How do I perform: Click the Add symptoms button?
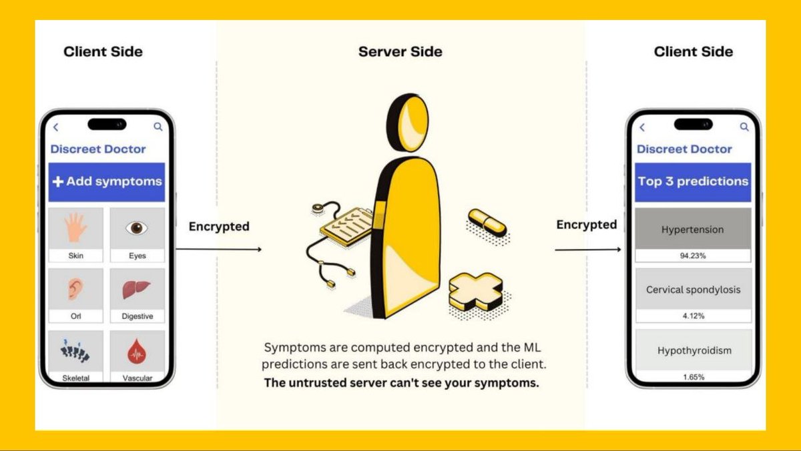click(x=107, y=181)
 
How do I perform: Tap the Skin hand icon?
click(x=75, y=228)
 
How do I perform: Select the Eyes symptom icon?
click(x=137, y=228)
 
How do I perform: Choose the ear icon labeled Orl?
click(x=75, y=289)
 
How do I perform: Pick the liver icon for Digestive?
click(x=137, y=289)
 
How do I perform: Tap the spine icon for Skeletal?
click(x=75, y=350)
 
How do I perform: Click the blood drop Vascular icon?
click(x=137, y=350)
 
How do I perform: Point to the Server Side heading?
click(x=400, y=52)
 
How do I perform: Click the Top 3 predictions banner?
click(x=693, y=181)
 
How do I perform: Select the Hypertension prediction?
click(x=693, y=230)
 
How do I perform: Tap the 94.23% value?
click(x=693, y=255)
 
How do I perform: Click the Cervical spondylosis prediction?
click(x=693, y=290)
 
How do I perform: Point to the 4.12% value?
click(x=693, y=316)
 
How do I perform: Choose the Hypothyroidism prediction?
click(x=693, y=350)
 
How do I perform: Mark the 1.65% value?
click(x=693, y=377)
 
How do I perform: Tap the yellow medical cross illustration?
click(x=475, y=290)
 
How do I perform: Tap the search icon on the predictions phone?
click(x=744, y=127)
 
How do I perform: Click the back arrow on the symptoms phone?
click(x=56, y=127)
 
